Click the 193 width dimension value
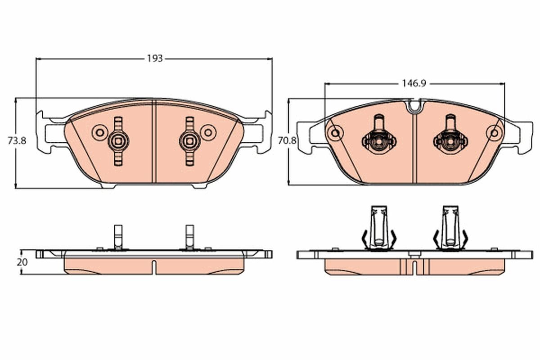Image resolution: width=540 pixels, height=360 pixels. [x=154, y=58]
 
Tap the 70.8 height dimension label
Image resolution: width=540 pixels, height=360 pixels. [x=287, y=140]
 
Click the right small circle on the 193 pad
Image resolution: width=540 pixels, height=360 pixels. [x=208, y=132]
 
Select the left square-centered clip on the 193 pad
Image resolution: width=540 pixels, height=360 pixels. [x=118, y=141]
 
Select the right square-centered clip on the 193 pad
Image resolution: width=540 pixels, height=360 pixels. [x=189, y=141]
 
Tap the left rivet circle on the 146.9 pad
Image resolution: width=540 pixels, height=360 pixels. [x=334, y=132]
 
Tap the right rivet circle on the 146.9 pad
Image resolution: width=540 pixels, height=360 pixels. [x=494, y=132]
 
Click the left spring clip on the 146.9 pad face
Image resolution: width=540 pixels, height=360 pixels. [x=378, y=139]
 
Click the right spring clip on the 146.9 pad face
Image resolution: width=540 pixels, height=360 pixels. [x=450, y=139]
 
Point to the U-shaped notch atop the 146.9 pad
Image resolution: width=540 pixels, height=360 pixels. [x=414, y=106]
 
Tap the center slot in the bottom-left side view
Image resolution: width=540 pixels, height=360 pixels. [x=154, y=266]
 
